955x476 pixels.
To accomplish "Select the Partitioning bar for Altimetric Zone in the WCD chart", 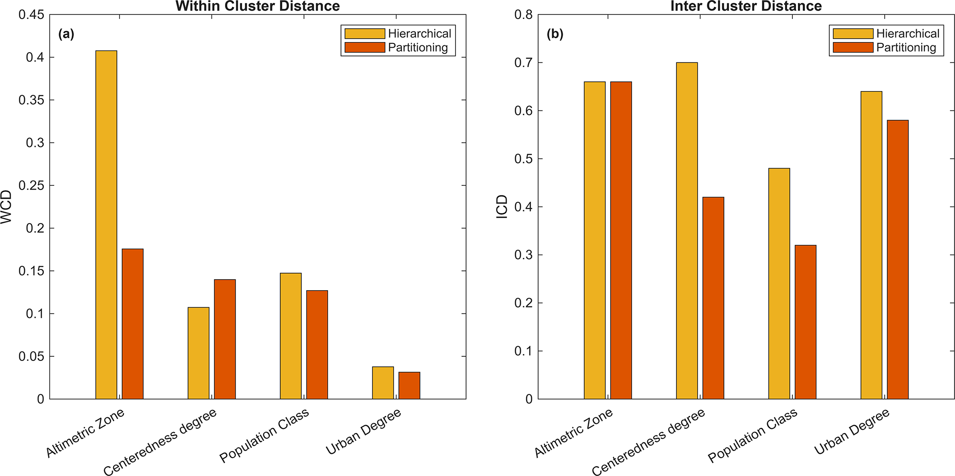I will [133, 323].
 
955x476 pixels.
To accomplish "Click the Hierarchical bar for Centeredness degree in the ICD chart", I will [687, 231].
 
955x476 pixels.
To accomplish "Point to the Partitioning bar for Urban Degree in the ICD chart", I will [898, 259].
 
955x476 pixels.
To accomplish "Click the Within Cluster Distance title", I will [258, 6].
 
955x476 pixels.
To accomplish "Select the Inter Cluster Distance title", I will [746, 6].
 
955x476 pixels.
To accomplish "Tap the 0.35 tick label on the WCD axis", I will [31, 100].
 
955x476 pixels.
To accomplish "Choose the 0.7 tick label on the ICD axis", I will [523, 63].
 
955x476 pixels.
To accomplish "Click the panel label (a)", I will [67, 34].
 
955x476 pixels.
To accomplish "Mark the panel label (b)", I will [555, 34].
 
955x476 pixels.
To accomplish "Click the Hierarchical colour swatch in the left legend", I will [365, 34].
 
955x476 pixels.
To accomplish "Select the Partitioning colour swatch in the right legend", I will [853, 48].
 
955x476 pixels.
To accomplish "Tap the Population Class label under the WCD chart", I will [264, 436].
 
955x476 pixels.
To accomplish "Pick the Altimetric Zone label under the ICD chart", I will [574, 433].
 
